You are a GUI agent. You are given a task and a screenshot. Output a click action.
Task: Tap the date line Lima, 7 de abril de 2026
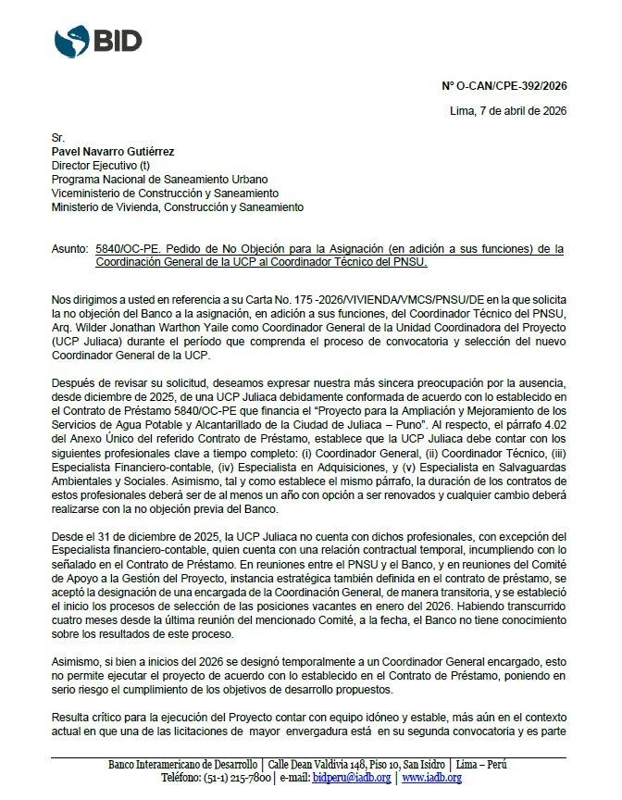click(x=507, y=111)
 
